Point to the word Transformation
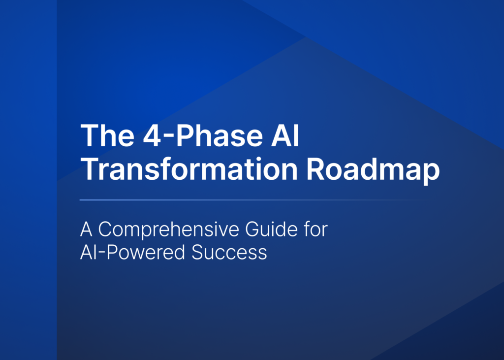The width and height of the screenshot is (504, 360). [189, 170]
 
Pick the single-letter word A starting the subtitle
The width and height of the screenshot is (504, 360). [87, 230]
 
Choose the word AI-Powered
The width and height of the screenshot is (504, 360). [132, 252]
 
